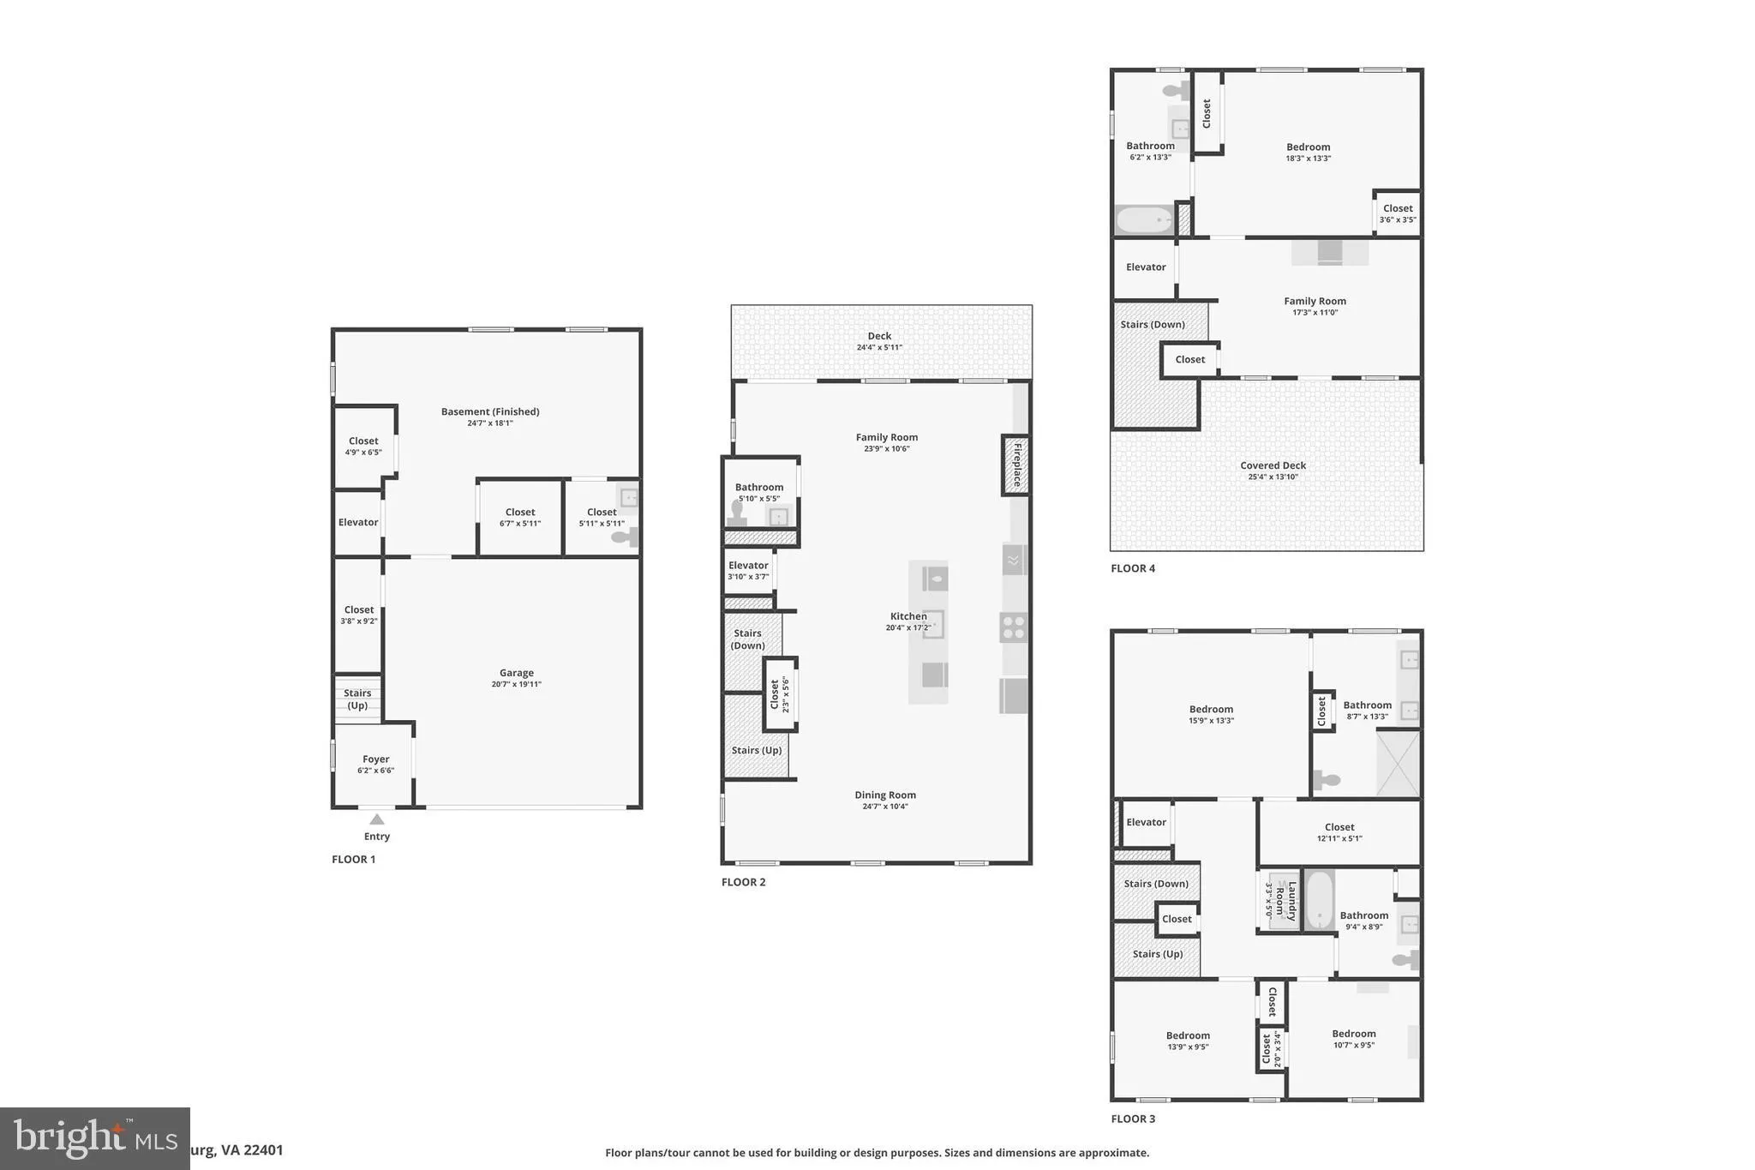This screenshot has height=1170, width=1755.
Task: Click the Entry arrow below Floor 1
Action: click(376, 819)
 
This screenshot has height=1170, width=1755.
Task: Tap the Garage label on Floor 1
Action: click(516, 674)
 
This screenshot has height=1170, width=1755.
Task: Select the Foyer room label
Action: click(375, 759)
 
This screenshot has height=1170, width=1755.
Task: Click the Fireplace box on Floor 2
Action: click(1015, 465)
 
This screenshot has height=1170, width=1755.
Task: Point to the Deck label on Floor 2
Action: click(879, 336)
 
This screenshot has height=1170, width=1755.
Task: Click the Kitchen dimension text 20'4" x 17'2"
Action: click(907, 628)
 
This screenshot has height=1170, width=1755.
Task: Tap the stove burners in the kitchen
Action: click(1013, 628)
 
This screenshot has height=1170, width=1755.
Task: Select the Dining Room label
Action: click(884, 795)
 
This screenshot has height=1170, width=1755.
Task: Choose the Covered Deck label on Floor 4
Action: click(1273, 466)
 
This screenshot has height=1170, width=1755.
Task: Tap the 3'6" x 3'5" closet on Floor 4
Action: click(1397, 213)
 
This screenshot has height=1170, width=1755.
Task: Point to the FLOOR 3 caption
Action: click(1133, 1119)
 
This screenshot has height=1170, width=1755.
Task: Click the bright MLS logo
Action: click(94, 1138)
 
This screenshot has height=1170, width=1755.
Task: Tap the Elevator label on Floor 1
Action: click(357, 523)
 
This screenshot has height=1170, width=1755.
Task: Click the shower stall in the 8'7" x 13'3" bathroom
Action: click(1397, 763)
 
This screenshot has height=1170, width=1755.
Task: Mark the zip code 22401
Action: click(262, 1150)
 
